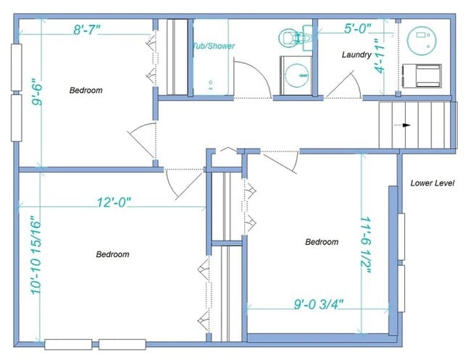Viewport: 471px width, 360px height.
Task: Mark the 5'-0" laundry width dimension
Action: tap(357, 28)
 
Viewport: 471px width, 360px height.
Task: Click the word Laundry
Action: tap(357, 54)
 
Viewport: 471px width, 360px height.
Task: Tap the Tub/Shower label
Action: tap(213, 46)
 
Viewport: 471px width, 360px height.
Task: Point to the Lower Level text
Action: tap(432, 183)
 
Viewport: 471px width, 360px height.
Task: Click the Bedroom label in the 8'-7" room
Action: tap(86, 91)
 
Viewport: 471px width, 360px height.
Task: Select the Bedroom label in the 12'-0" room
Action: tap(112, 254)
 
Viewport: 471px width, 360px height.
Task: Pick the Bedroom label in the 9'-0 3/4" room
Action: tap(321, 242)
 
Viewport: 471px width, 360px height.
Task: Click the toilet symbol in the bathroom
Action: tap(295, 37)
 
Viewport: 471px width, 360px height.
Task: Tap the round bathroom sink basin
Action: tap(295, 74)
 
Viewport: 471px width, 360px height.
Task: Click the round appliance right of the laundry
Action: tap(420, 41)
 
